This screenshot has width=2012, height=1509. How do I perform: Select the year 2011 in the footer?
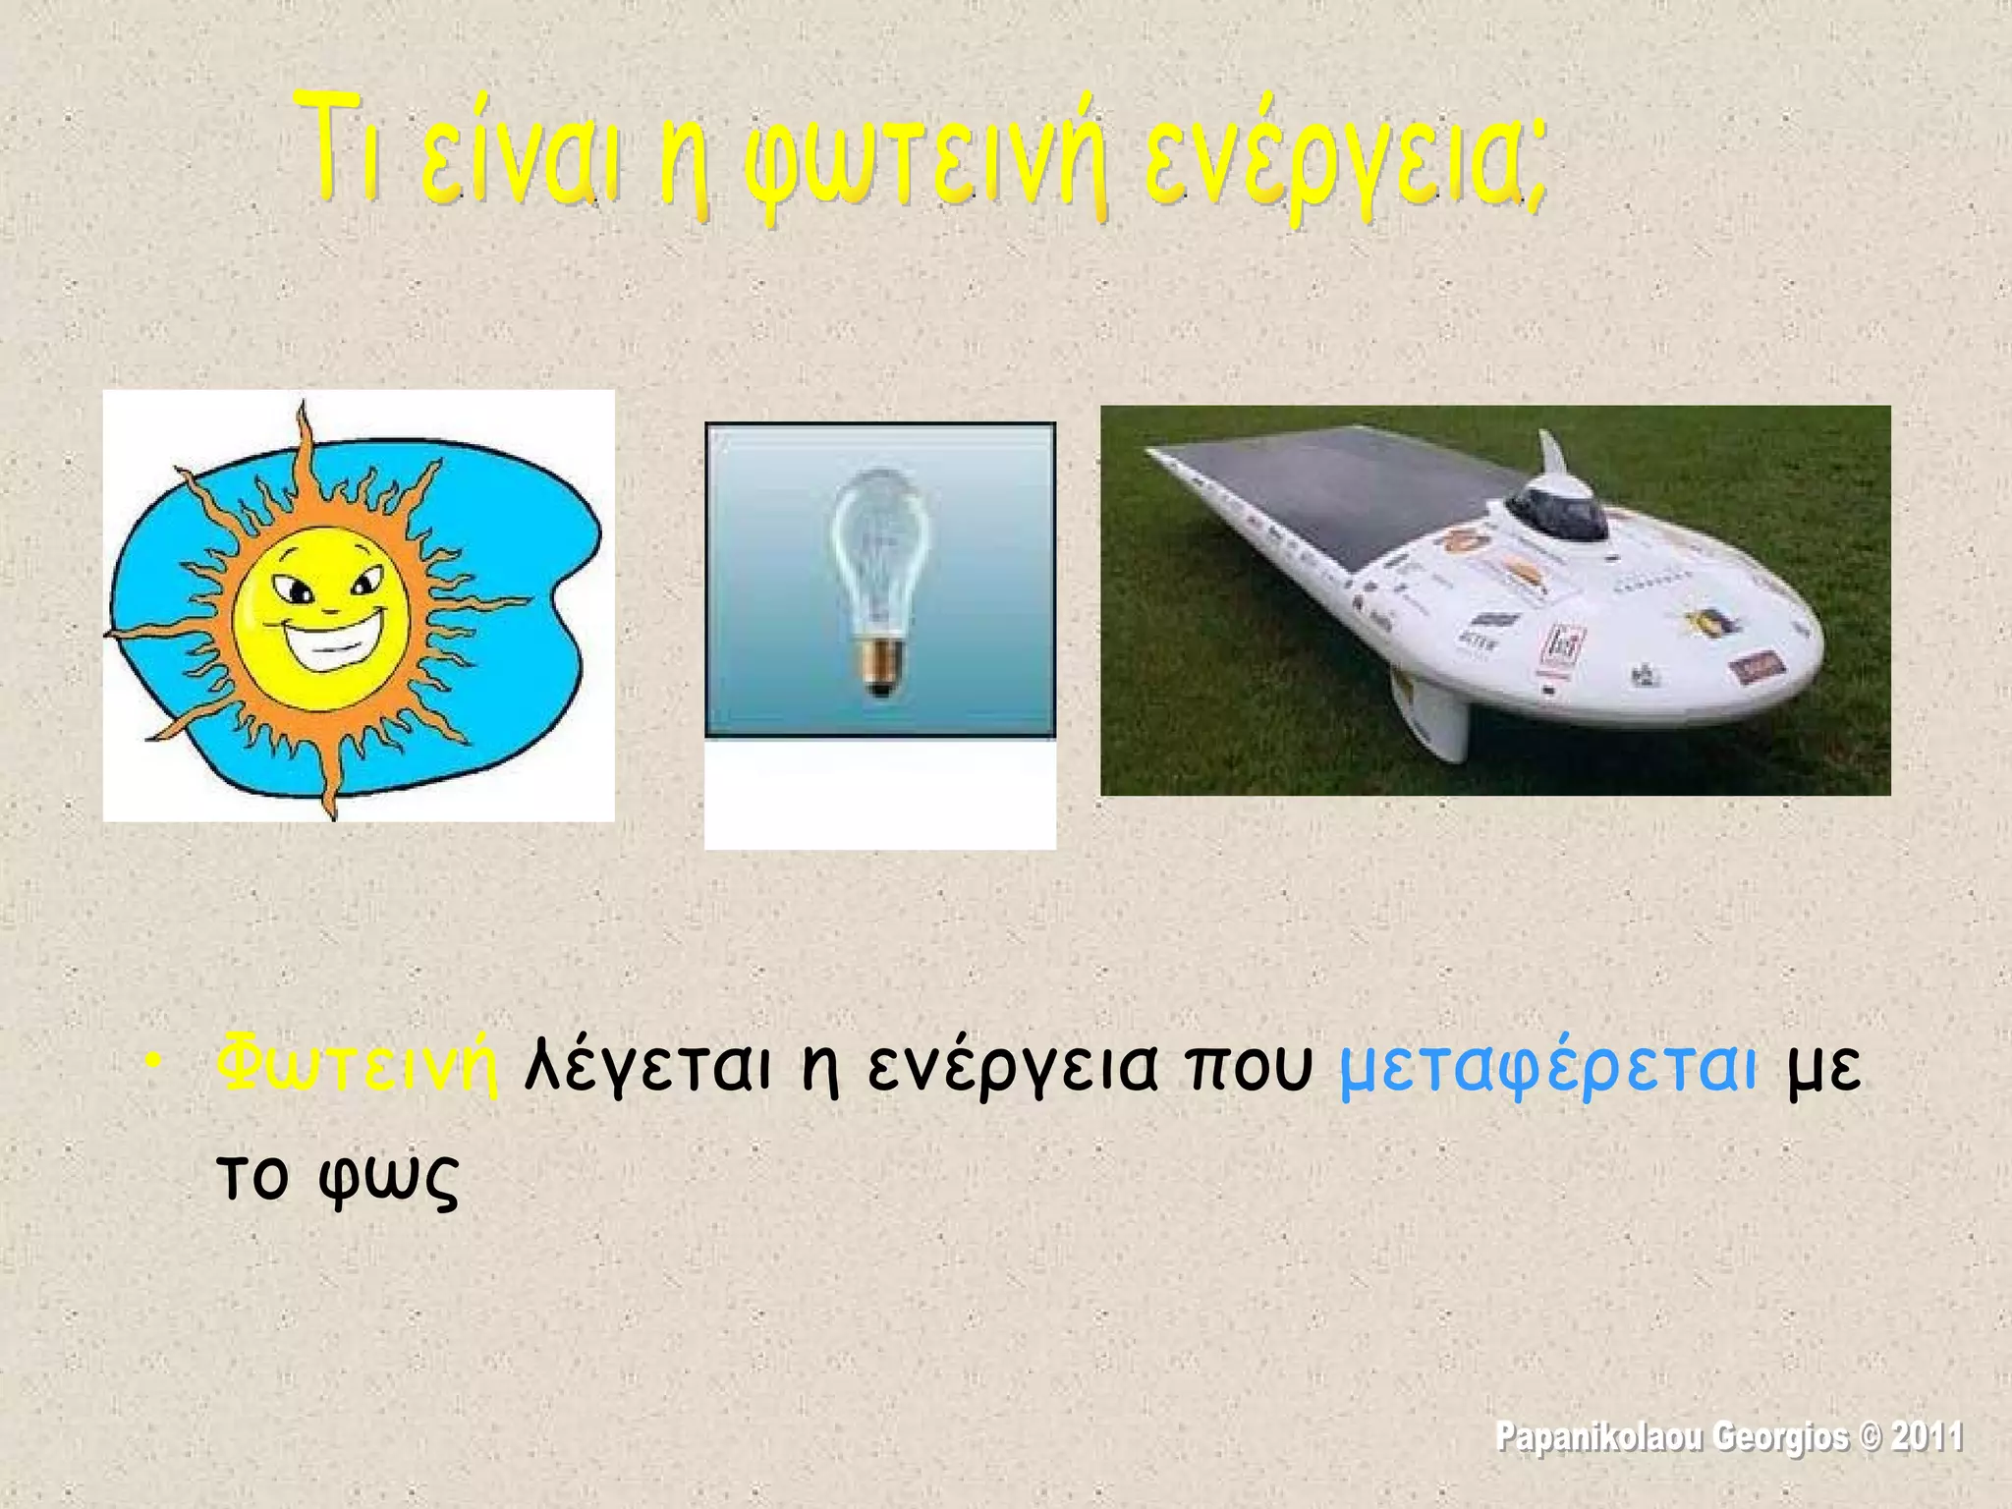1927,1437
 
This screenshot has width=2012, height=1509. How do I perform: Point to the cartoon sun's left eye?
293,587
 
